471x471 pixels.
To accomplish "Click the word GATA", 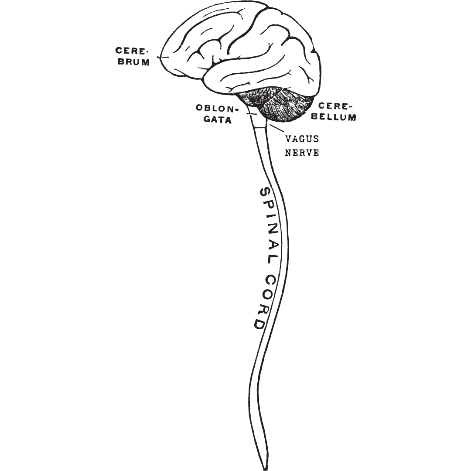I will point(218,120).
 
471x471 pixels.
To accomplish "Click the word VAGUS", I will point(302,139).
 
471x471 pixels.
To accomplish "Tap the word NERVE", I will point(302,153).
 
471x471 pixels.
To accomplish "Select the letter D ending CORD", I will point(257,323).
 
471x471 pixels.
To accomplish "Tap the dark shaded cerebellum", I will point(286,105).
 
